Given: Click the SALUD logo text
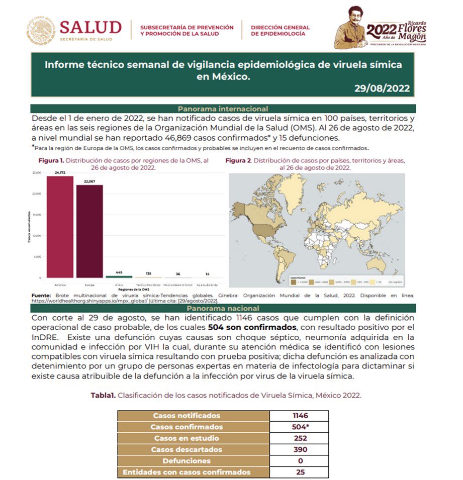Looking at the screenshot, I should [90, 27].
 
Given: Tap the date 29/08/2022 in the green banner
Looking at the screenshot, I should [382, 89].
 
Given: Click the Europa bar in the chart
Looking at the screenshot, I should [89, 231].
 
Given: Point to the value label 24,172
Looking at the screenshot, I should [60, 172].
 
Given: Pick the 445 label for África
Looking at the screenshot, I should [119, 272].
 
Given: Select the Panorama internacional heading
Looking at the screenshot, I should [223, 109].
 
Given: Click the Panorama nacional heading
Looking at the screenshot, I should [223, 308].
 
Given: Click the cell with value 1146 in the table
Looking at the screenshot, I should [300, 416].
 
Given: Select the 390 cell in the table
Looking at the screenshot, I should [300, 449].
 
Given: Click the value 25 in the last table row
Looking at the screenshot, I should [300, 472].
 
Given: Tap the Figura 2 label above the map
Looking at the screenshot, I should [238, 161].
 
